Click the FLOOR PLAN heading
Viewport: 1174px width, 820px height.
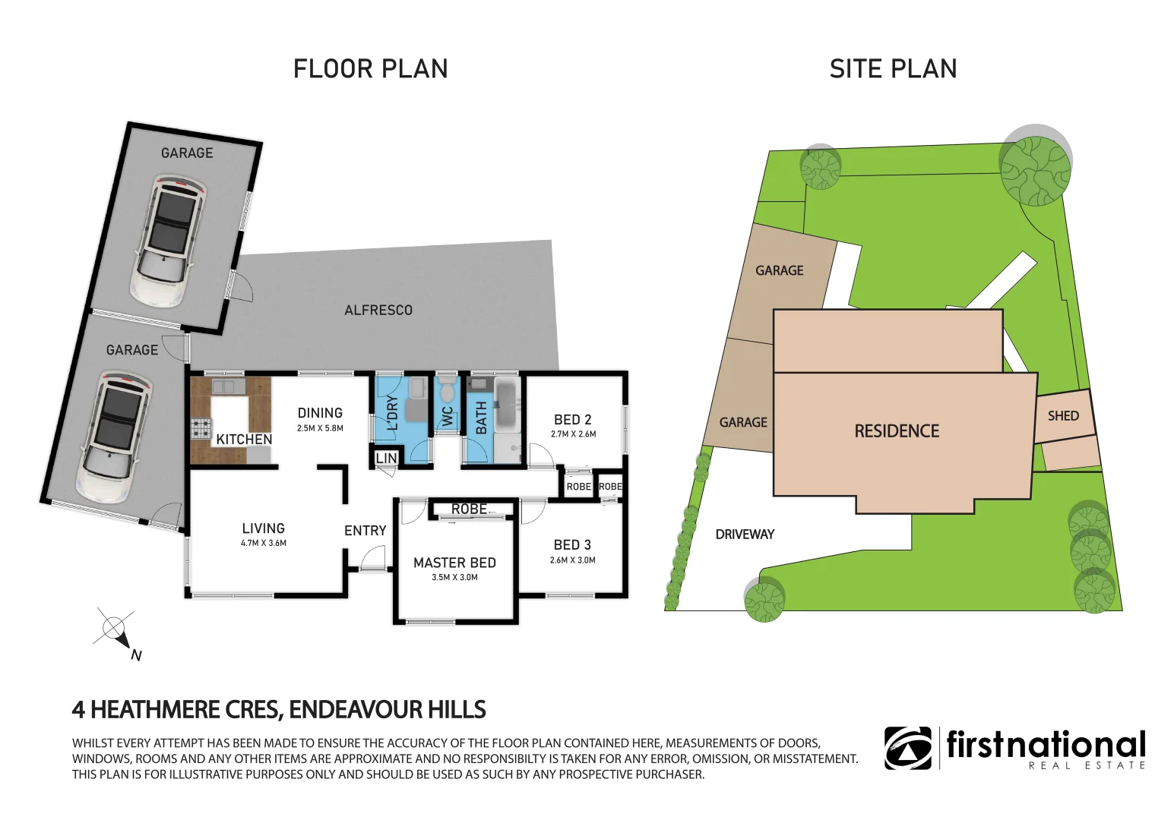[x=370, y=69]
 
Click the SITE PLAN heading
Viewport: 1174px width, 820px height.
[x=893, y=69]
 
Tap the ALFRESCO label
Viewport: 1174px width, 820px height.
[x=378, y=310]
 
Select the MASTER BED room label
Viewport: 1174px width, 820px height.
[x=454, y=563]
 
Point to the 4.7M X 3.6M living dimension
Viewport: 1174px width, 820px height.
[x=263, y=544]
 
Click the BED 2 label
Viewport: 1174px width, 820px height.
[x=572, y=420]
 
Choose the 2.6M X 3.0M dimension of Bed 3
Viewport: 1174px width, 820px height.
[x=572, y=560]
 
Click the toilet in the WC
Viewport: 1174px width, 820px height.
[x=447, y=391]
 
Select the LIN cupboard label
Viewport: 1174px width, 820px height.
[x=386, y=458]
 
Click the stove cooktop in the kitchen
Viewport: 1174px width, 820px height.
[x=201, y=429]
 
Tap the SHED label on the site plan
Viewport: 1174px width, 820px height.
[x=1062, y=416]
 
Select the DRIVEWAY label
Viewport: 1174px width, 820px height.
[x=744, y=535]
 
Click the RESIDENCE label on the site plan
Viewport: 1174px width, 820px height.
[x=897, y=431]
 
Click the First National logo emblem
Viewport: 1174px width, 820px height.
[x=907, y=748]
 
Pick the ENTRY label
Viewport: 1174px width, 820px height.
[x=365, y=531]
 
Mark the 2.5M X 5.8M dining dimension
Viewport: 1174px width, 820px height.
[x=320, y=428]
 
